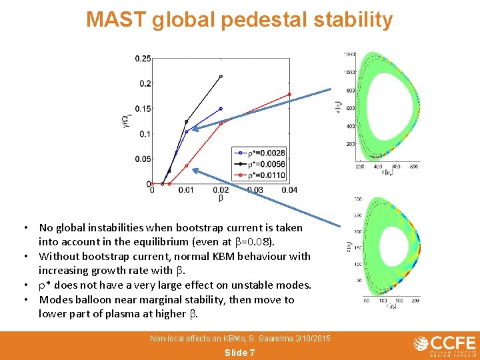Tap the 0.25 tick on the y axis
pyautogui.click(x=143, y=59)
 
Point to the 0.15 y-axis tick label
pyautogui.click(x=143, y=109)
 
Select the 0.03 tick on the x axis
pyautogui.click(x=255, y=191)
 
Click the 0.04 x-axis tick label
pyautogui.click(x=289, y=191)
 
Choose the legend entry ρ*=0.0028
pyautogui.click(x=265, y=153)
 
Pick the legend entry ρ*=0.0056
pyautogui.click(x=265, y=164)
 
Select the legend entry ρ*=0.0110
pyautogui.click(x=265, y=175)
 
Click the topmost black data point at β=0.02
pyautogui.click(x=221, y=76)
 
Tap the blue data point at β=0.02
pyautogui.click(x=221, y=109)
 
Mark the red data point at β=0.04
pyautogui.click(x=289, y=94)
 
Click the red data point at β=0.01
pyautogui.click(x=186, y=165)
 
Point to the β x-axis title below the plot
pyautogui.click(x=221, y=198)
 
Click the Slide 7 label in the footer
pyautogui.click(x=239, y=353)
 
